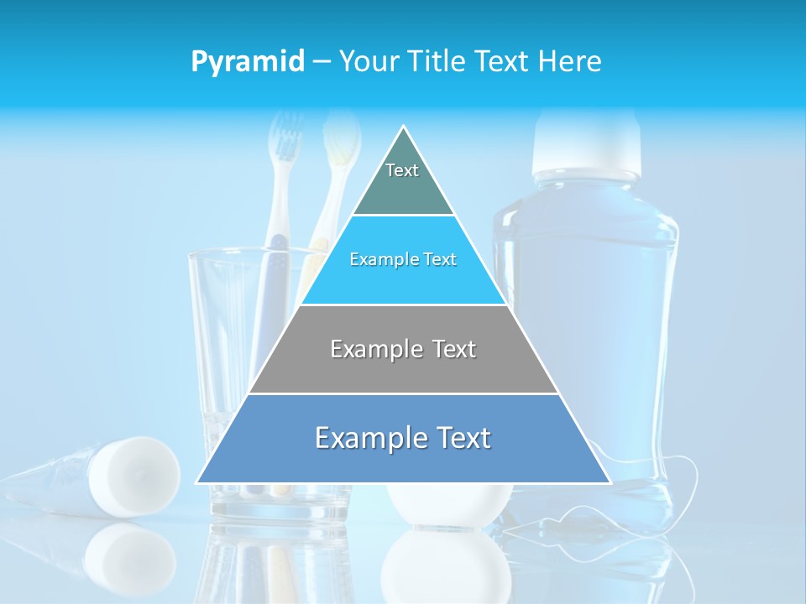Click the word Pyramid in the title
248,62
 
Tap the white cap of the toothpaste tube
134,474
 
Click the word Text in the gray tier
445,349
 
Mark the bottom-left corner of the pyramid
197,483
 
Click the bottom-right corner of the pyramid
610,483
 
